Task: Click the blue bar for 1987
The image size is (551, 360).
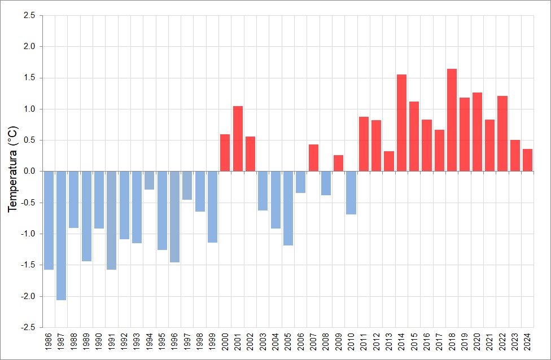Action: click(61, 235)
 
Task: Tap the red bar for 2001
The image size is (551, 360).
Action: click(238, 138)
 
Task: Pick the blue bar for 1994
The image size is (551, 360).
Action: click(149, 180)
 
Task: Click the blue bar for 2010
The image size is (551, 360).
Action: click(351, 192)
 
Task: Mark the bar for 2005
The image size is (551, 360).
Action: click(288, 208)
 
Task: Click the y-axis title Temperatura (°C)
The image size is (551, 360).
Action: click(13, 169)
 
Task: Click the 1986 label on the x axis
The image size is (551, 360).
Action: click(49, 343)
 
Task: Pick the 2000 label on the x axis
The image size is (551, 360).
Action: click(225, 343)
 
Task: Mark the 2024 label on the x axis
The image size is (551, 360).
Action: click(528, 343)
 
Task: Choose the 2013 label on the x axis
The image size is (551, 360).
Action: click(389, 343)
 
